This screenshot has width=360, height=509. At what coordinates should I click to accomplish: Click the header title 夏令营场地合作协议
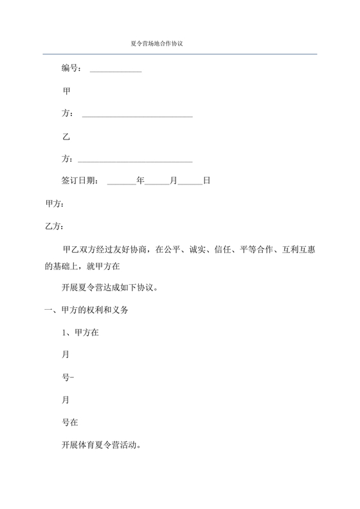[x=157, y=44]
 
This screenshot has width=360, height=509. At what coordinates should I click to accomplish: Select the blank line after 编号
[x=116, y=70]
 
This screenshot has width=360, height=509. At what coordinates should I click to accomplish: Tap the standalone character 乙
[x=66, y=137]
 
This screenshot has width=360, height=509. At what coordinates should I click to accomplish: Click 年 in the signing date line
[x=140, y=181]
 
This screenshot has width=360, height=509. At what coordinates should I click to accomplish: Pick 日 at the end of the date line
[x=206, y=181]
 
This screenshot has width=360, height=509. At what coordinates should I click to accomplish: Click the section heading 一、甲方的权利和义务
[x=87, y=310]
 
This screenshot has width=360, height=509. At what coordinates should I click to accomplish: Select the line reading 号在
[x=70, y=422]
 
